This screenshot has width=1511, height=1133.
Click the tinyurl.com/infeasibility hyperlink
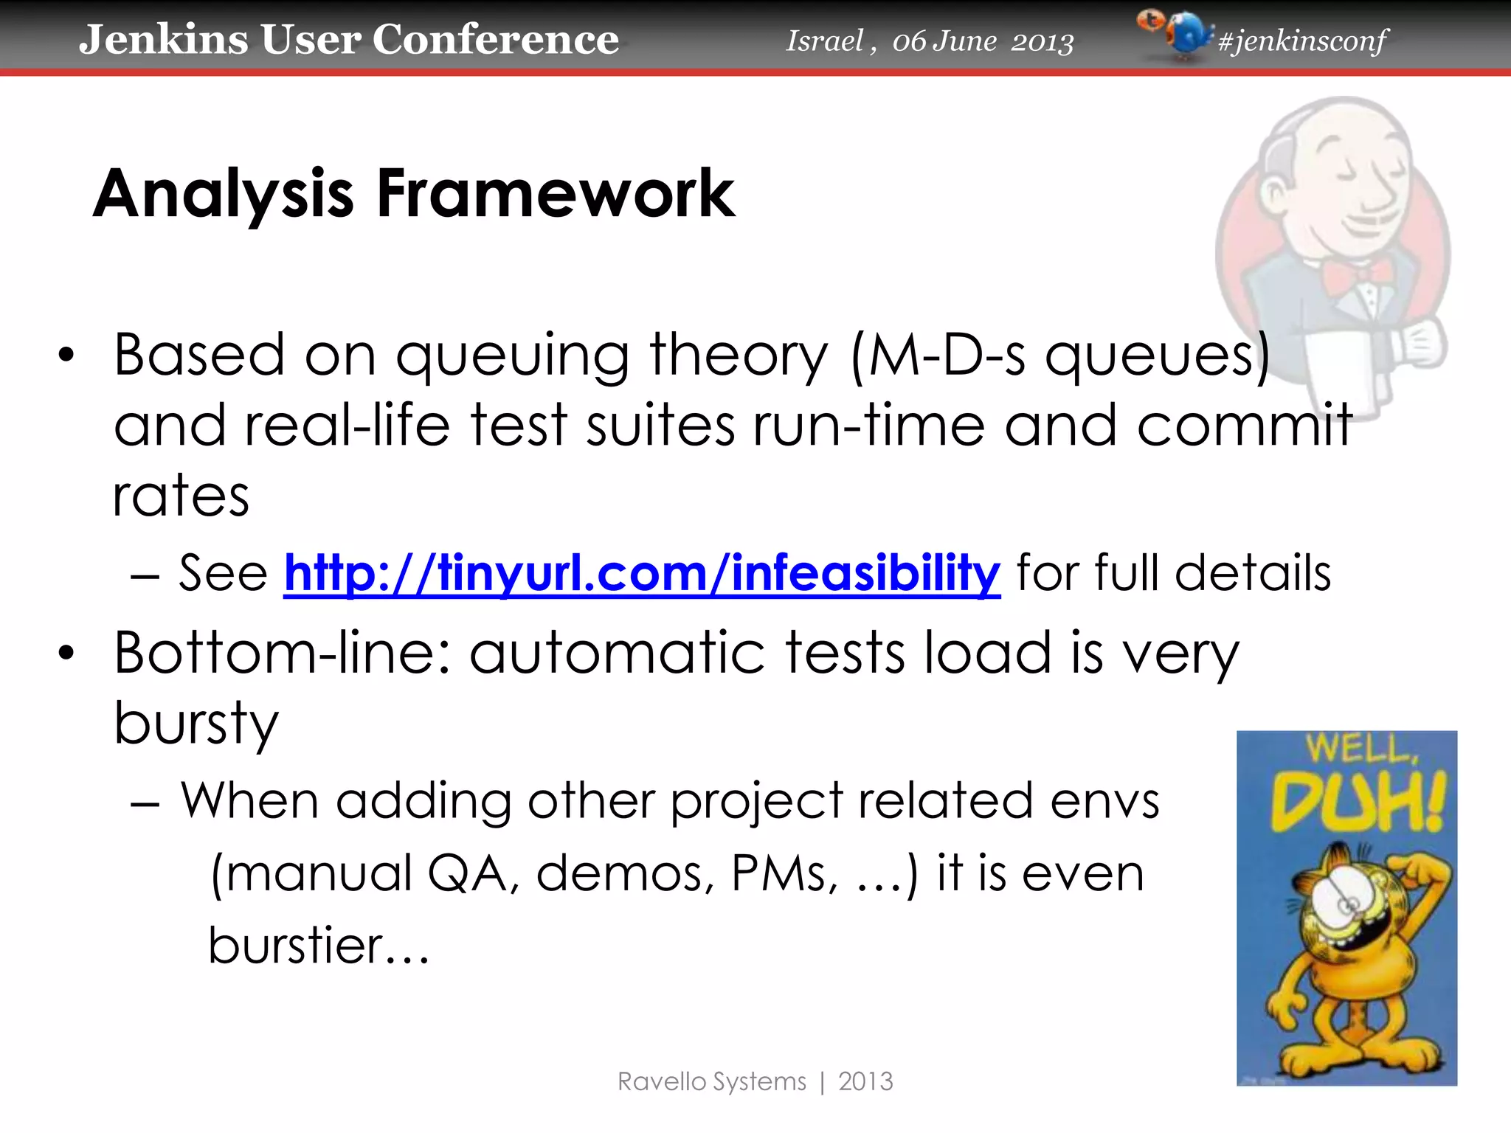pyautogui.click(x=642, y=573)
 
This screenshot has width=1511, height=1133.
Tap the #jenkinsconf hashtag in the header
pyautogui.click(x=1302, y=41)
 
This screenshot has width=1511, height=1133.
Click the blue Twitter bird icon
pyautogui.click(x=1187, y=34)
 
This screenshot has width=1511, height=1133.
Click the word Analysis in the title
pyautogui.click(x=224, y=195)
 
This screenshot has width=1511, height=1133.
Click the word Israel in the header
pyautogui.click(x=824, y=41)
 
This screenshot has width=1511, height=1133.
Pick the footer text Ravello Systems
pyautogui.click(x=711, y=1081)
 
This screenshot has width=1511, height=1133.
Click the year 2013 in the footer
pyautogui.click(x=865, y=1081)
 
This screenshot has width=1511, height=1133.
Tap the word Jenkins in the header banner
pyautogui.click(x=163, y=39)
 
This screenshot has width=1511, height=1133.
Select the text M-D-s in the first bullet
pyautogui.click(x=947, y=355)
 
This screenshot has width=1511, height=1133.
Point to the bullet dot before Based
pyautogui.click(x=67, y=356)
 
